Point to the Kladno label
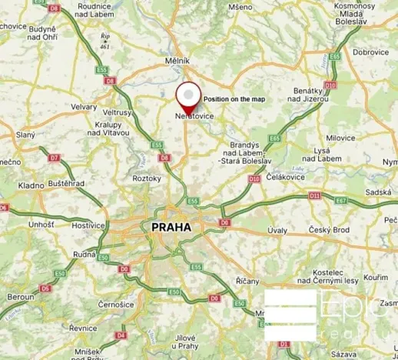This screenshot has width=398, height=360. [x=31, y=185]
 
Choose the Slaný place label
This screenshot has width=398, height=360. [x=25, y=135]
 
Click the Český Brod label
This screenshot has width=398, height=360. [x=330, y=230]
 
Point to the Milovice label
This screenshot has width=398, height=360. [x=342, y=138]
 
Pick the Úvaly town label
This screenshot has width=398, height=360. [x=277, y=230]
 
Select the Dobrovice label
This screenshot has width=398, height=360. [x=370, y=52]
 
